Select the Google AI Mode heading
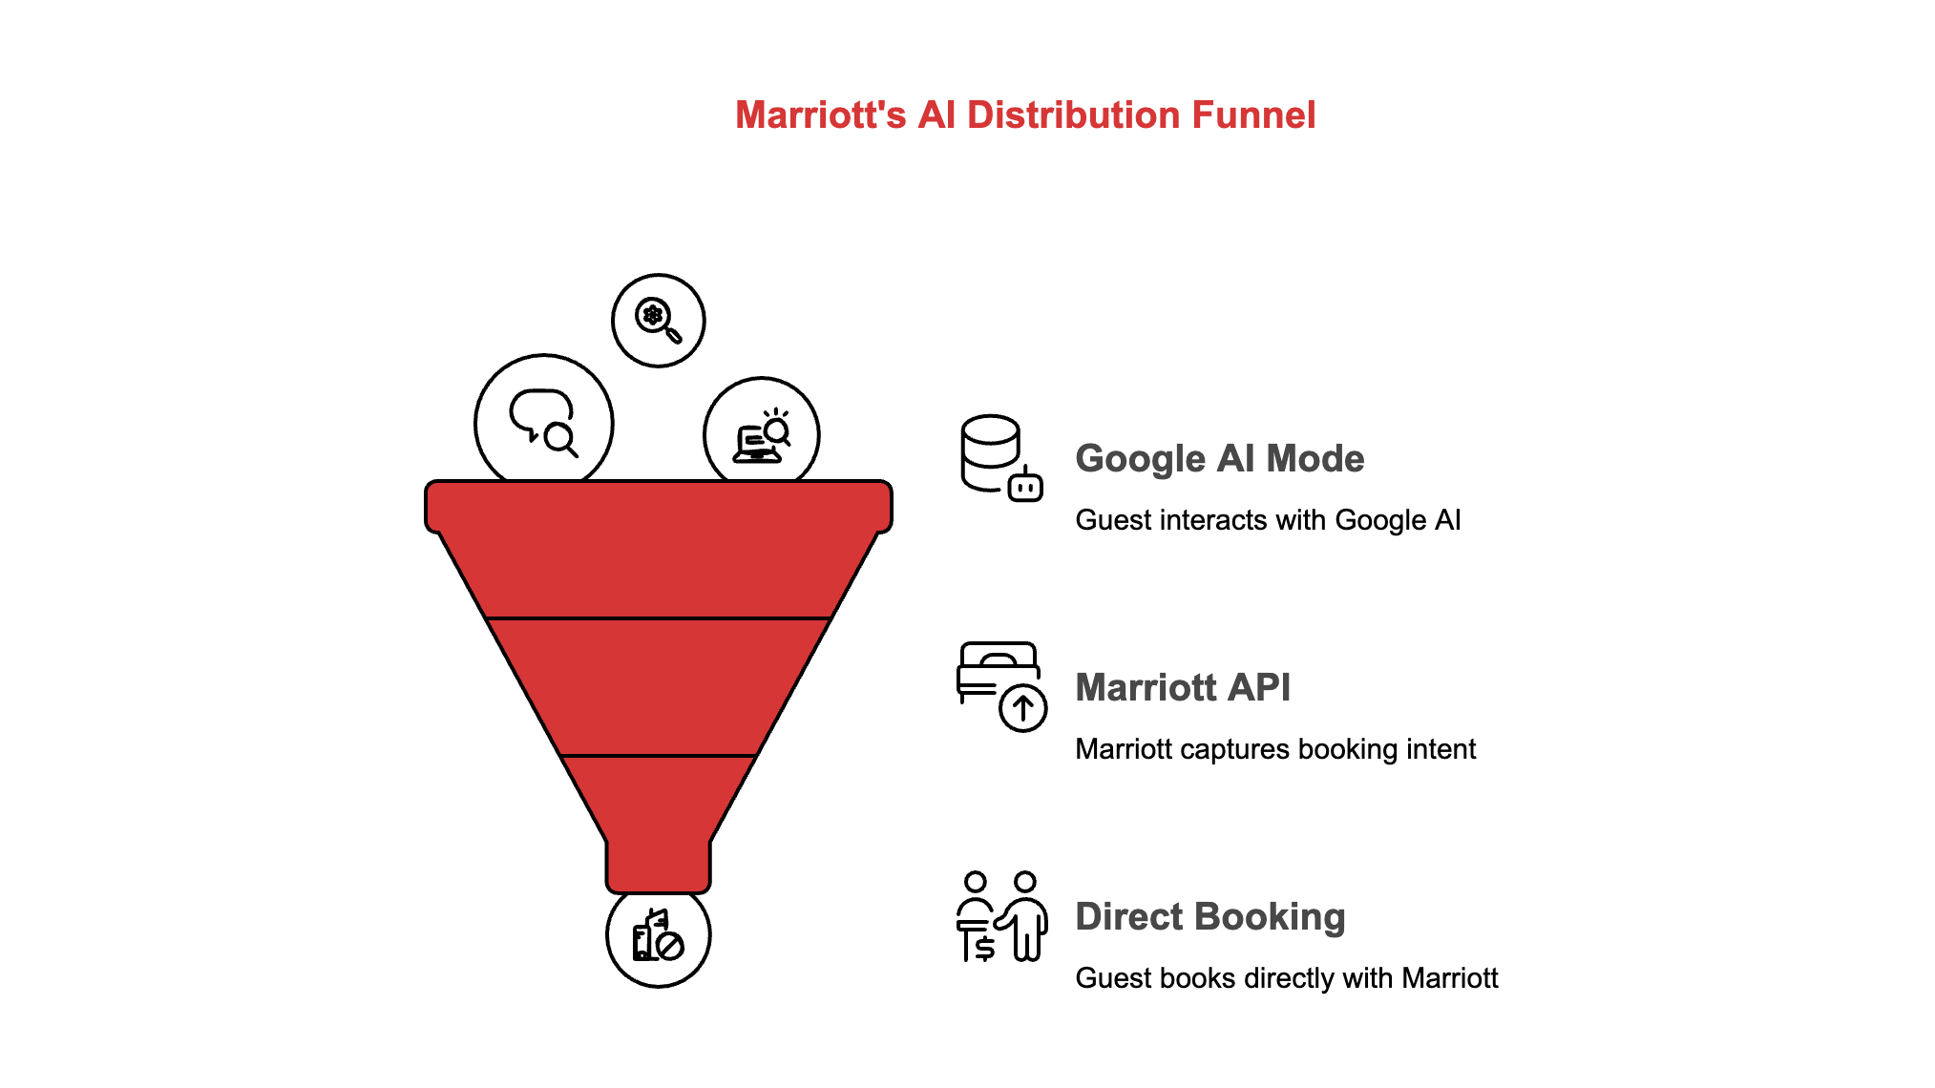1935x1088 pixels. (x=1219, y=459)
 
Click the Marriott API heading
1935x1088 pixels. (x=1182, y=688)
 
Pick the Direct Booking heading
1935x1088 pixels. (x=1209, y=917)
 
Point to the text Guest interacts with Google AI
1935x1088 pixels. (x=1267, y=520)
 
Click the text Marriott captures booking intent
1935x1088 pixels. (x=1274, y=749)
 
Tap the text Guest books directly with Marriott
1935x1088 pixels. (x=1286, y=978)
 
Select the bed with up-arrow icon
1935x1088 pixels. (x=1000, y=686)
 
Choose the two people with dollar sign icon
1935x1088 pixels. (x=1000, y=916)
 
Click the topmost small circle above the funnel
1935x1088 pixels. (x=658, y=321)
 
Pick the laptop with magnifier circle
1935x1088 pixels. (x=761, y=435)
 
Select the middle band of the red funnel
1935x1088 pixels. (x=658, y=687)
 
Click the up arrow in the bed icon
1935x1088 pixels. (x=1023, y=708)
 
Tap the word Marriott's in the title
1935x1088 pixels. (x=820, y=115)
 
